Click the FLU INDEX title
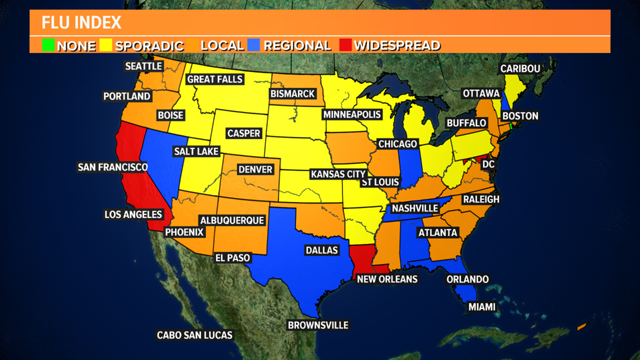coord(81,22)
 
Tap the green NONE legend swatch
coord(48,45)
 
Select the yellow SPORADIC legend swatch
coord(106,45)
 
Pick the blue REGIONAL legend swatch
coord(254,45)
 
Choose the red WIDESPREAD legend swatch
coord(345,45)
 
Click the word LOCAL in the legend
coord(222,45)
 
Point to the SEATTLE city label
coord(144,66)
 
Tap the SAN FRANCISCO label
coord(113,167)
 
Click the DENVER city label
coord(255,169)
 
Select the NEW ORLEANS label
coord(387,279)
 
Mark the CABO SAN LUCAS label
coord(194,335)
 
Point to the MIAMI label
coord(482,307)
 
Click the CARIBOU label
coord(520,69)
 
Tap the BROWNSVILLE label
coord(318,325)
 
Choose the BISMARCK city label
coord(292,94)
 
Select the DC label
coord(488,164)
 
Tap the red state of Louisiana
coord(364,258)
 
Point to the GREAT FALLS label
coord(214,79)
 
